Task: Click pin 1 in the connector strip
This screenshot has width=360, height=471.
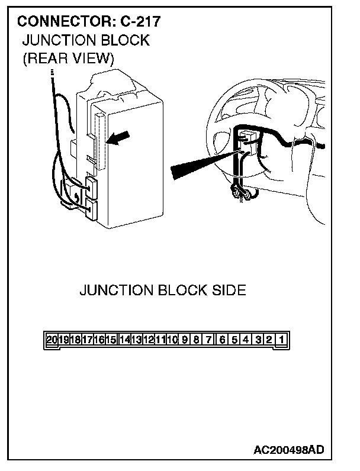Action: [x=282, y=340]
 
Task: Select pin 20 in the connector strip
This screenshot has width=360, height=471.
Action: [x=52, y=340]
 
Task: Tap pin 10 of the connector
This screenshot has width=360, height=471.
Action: [x=173, y=340]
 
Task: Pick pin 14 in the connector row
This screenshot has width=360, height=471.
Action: [x=124, y=340]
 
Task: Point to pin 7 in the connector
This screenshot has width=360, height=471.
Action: [x=209, y=340]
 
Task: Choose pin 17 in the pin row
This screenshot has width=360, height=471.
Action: [x=88, y=340]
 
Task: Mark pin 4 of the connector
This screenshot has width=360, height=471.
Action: [x=246, y=340]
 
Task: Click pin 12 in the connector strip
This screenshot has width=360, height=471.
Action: [x=149, y=340]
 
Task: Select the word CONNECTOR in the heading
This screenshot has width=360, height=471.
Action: [x=56, y=22]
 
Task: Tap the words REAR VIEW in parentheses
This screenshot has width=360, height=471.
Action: [x=67, y=59]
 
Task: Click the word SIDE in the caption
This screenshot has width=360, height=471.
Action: [x=227, y=291]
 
